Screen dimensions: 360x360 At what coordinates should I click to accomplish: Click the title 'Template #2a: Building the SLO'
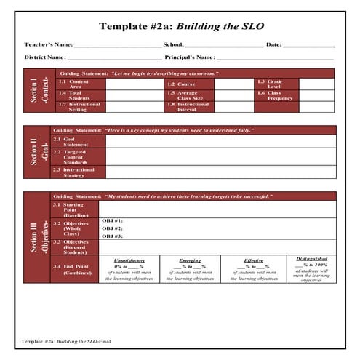tap(181, 27)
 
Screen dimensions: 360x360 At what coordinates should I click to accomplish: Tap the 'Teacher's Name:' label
tap(48, 44)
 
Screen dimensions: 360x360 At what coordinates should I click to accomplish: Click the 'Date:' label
tap(273, 44)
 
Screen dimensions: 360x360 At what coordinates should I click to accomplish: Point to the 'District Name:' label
tap(45, 57)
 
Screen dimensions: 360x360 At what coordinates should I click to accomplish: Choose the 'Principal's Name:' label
tap(190, 57)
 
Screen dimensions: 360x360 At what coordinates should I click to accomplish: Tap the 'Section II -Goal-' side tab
tap(36, 153)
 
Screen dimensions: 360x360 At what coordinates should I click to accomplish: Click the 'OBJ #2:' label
tap(112, 228)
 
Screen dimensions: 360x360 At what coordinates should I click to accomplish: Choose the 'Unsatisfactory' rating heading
tap(129, 260)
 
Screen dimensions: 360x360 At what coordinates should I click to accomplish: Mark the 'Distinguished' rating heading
tap(311, 258)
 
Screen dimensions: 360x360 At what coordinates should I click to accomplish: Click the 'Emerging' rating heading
tap(190, 260)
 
